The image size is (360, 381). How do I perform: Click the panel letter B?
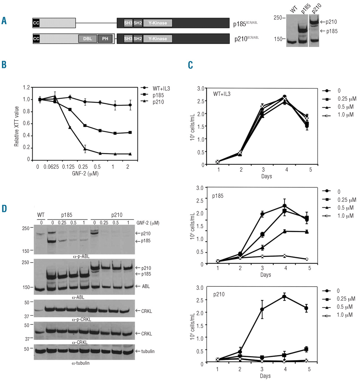tap(4, 65)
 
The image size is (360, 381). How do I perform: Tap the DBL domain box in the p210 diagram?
tap(88, 39)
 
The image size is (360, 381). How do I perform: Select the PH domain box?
tap(105, 39)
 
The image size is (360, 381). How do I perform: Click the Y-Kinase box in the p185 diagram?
tap(158, 23)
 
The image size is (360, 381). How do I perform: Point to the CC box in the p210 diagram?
tap(36, 39)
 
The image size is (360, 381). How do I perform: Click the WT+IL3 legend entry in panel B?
tap(161, 88)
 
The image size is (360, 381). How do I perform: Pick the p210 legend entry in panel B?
tap(158, 102)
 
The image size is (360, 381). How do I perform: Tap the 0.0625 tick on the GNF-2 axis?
tap(51, 167)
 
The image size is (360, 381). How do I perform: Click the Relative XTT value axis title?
tap(17, 126)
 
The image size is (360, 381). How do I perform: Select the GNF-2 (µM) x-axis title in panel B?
tap(85, 174)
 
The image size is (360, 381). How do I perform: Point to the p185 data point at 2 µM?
tap(130, 132)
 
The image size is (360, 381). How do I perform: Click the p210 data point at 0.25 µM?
tap(85, 149)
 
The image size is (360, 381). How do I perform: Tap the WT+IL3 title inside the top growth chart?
tap(222, 94)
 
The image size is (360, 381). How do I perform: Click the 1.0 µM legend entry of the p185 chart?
tap(345, 216)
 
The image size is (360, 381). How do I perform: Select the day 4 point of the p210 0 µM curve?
tap(284, 296)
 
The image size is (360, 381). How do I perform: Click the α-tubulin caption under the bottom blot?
tap(80, 363)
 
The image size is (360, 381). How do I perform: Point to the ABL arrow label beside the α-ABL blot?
tap(146, 286)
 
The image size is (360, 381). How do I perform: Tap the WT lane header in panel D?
tap(41, 215)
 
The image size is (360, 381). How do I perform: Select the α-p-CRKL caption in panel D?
tap(82, 319)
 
